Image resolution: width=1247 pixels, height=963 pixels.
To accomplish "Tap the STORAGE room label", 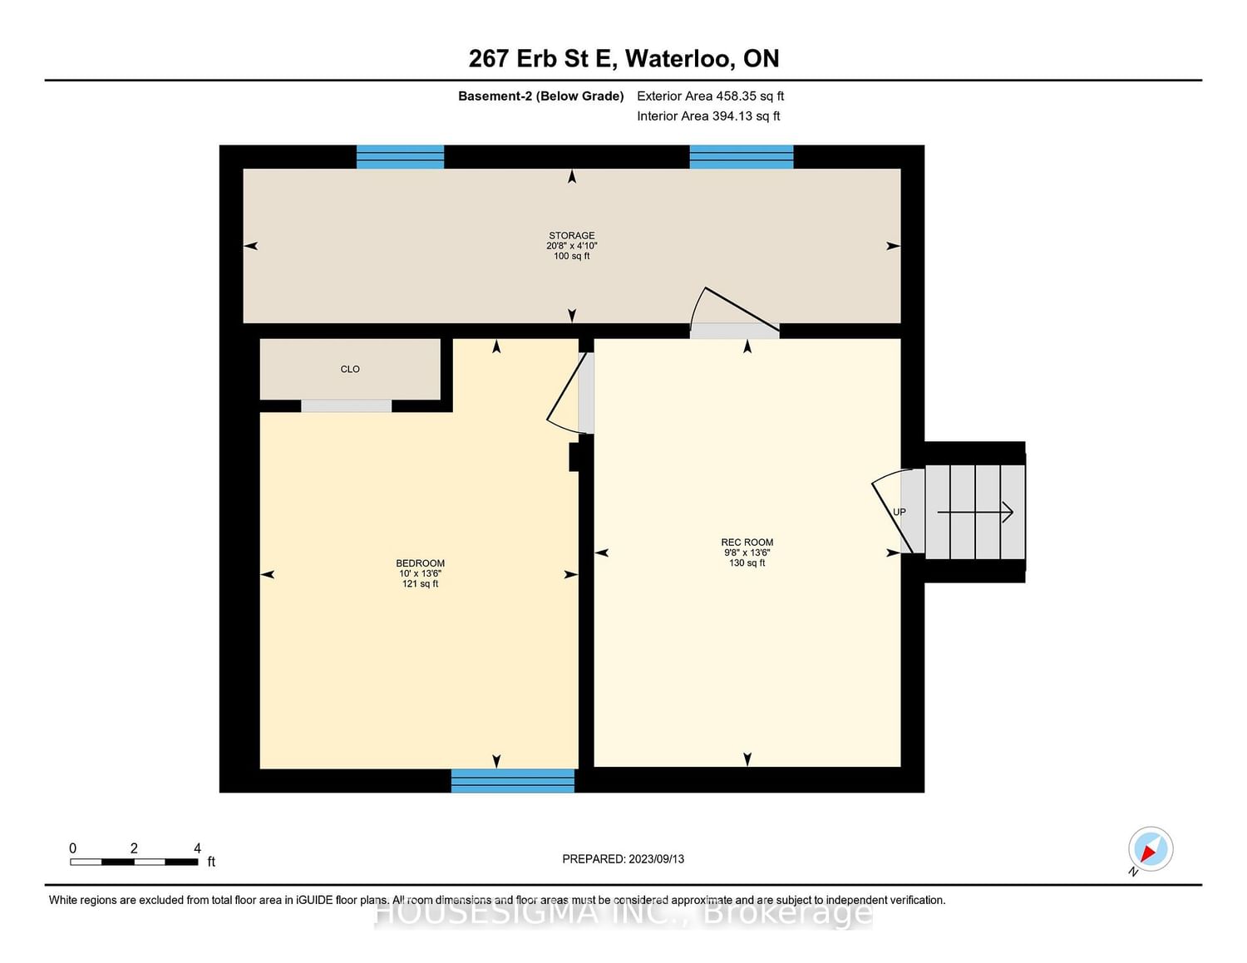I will point(572,236).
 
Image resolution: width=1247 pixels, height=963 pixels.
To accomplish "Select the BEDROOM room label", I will point(420,563).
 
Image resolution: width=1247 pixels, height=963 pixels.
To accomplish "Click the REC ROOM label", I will point(747,543).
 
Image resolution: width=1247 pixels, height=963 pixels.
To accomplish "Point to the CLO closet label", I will point(350,369).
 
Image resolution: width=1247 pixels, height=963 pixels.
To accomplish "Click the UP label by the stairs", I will point(899,512).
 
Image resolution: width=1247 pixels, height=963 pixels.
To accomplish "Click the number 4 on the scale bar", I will point(197,848).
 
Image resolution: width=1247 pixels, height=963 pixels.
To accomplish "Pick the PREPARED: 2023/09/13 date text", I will point(623,859).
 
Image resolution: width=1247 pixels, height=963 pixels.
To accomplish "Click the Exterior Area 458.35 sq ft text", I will point(710,96).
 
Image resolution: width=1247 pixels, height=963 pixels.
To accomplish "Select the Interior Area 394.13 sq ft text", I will point(708,116).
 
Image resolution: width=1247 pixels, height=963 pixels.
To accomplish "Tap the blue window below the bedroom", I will point(512,780).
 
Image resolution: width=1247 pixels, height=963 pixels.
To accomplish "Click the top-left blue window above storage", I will point(400,157).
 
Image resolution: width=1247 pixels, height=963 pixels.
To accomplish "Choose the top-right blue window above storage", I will point(741,157).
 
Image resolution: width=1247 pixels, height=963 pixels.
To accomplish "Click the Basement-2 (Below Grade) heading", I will point(540,96).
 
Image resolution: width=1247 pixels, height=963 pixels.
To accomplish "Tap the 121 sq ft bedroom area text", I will point(420,584).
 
